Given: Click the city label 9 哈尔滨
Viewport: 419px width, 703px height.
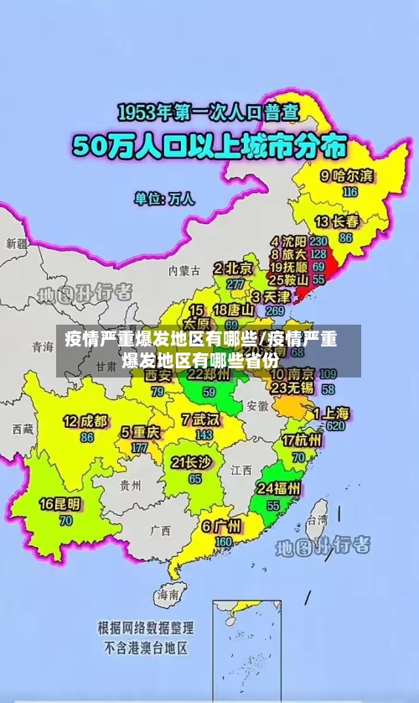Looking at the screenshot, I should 348,176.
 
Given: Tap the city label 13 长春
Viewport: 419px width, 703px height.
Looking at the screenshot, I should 337,221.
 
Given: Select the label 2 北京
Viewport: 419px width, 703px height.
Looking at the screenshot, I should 233,268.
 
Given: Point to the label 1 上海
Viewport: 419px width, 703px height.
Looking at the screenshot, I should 332,412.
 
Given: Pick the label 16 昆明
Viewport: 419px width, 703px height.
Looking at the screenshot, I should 60,504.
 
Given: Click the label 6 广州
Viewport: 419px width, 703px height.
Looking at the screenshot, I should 221,527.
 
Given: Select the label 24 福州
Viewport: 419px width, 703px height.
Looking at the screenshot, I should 280,488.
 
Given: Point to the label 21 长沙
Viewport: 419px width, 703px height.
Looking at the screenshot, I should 191,462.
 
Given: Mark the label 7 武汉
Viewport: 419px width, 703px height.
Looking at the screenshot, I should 199,419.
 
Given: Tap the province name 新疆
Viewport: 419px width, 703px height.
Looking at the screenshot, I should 16,244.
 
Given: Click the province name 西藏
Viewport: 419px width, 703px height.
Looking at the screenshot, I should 23,430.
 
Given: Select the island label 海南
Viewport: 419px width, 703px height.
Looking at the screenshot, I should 167,595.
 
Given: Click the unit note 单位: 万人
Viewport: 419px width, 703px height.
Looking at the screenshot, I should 164,199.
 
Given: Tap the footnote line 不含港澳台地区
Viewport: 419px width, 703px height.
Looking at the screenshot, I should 146,648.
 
